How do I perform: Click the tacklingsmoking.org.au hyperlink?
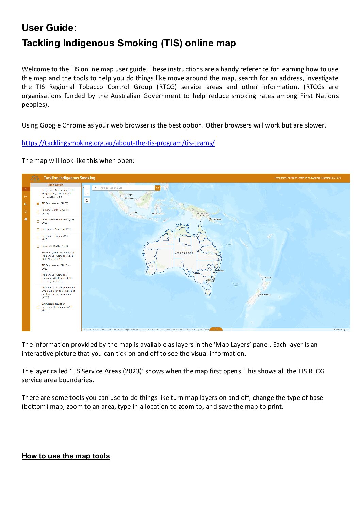(x=118, y=143)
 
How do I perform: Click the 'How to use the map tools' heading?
(x=66, y=456)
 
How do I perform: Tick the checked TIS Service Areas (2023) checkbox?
(x=38, y=204)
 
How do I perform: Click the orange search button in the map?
(x=158, y=188)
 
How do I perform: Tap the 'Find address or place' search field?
(x=124, y=188)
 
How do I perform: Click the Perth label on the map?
(x=151, y=266)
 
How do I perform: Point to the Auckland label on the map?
(x=267, y=278)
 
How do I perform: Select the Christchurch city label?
(x=264, y=294)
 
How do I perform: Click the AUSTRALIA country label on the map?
(x=184, y=253)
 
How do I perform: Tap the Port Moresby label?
(x=215, y=219)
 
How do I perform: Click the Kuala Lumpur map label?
(x=127, y=194)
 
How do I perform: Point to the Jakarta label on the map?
(x=134, y=213)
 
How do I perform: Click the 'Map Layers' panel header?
(x=56, y=185)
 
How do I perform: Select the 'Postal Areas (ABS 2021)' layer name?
(x=54, y=246)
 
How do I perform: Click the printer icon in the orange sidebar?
(x=26, y=219)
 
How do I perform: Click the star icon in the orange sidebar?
(x=26, y=211)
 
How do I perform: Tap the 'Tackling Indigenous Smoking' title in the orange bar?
(x=69, y=178)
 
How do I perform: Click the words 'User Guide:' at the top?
(x=49, y=28)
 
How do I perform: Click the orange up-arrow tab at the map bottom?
(x=216, y=329)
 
